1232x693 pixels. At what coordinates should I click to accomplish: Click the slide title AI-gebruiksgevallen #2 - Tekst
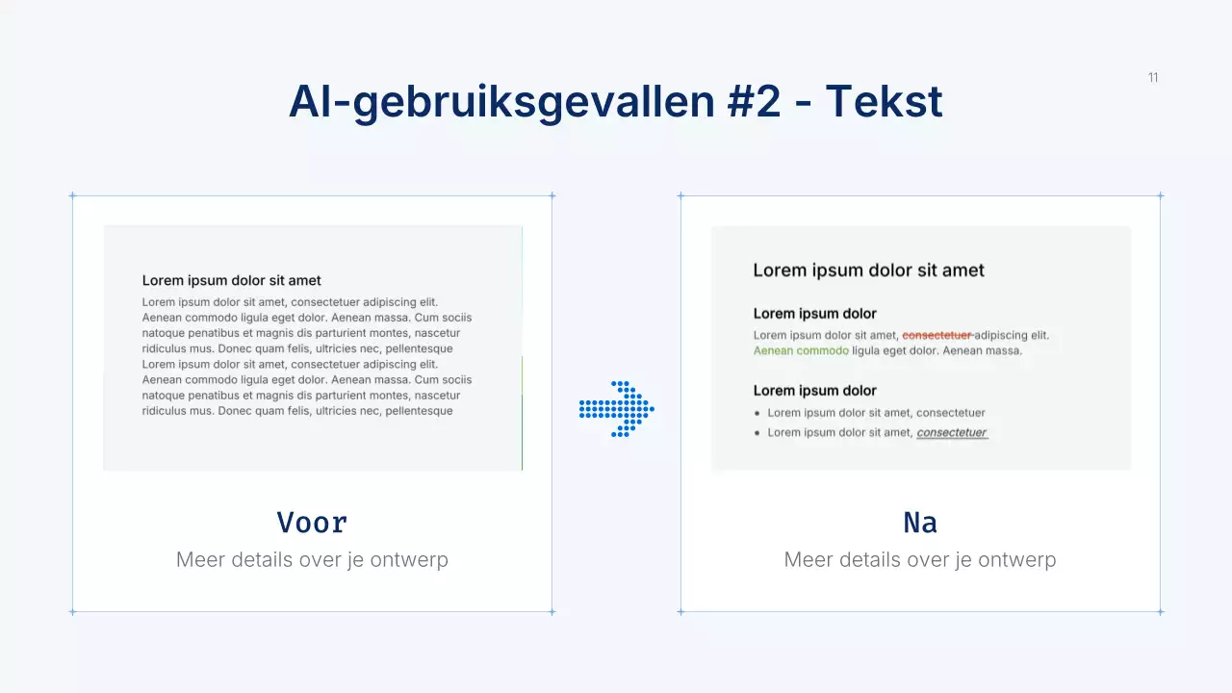pyautogui.click(x=616, y=102)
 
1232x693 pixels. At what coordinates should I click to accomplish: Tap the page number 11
pyautogui.click(x=1153, y=78)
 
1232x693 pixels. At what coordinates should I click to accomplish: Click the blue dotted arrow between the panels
pyautogui.click(x=617, y=409)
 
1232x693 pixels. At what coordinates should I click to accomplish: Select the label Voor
pyautogui.click(x=312, y=523)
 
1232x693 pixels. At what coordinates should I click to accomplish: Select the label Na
pyautogui.click(x=920, y=523)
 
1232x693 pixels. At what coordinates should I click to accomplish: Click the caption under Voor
pyautogui.click(x=312, y=559)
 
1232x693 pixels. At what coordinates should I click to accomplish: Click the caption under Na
pyautogui.click(x=920, y=559)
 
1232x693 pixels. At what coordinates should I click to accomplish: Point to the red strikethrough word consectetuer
pyautogui.click(x=937, y=335)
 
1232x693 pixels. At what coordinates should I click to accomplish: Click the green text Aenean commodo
pyautogui.click(x=801, y=351)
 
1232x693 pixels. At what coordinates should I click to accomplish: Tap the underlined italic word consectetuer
pyautogui.click(x=952, y=433)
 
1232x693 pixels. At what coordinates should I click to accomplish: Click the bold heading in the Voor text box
pyautogui.click(x=232, y=281)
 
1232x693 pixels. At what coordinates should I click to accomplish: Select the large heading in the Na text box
pyautogui.click(x=868, y=270)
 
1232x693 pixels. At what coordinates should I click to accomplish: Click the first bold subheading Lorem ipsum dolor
pyautogui.click(x=814, y=314)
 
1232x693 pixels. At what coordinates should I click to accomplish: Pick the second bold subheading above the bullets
pyautogui.click(x=814, y=391)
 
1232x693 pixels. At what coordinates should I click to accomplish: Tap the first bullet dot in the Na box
pyautogui.click(x=757, y=413)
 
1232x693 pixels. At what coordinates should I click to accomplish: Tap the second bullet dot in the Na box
pyautogui.click(x=757, y=433)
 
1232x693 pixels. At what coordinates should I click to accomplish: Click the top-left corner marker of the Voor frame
pyautogui.click(x=72, y=195)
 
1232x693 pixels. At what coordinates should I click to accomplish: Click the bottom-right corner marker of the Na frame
pyautogui.click(x=1160, y=611)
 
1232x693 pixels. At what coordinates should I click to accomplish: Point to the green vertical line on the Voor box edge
pyautogui.click(x=522, y=414)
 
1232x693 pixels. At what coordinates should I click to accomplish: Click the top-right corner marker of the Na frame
pyautogui.click(x=1160, y=195)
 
